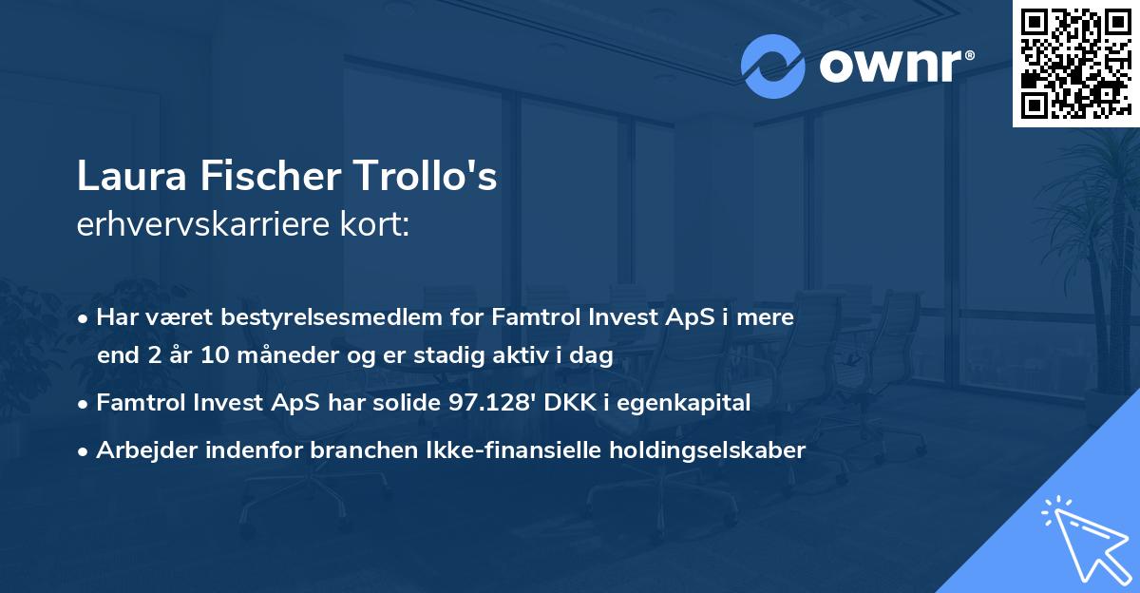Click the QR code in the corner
[1075, 64]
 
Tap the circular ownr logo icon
[773, 66]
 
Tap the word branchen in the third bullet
[354, 450]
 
